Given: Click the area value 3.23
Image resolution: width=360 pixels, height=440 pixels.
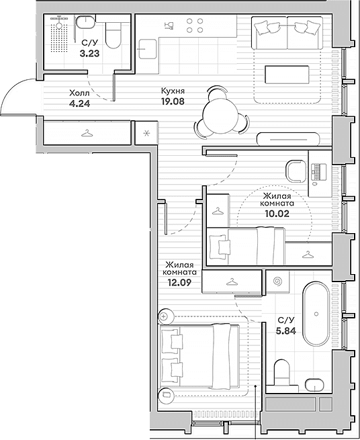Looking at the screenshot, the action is tap(89, 53).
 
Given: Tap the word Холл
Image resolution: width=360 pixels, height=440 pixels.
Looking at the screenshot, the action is tap(79, 93).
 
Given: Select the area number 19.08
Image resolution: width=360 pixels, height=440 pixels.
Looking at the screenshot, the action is tap(173, 101).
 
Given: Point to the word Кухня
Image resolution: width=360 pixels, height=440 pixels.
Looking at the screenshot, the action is tap(173, 91).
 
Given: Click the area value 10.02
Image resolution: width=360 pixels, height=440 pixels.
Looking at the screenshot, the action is tap(277, 214).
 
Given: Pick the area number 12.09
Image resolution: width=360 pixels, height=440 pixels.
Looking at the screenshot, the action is tap(179, 282).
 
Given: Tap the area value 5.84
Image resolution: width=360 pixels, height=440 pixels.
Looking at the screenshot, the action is tap(286, 331).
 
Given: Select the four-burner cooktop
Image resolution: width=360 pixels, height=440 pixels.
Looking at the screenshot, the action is tap(195, 26).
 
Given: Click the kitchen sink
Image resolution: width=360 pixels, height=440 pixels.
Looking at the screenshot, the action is tap(148, 49).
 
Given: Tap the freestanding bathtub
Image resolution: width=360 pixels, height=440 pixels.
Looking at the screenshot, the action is tap(316, 314).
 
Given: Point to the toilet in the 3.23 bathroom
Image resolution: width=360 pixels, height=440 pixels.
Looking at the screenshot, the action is tap(113, 36).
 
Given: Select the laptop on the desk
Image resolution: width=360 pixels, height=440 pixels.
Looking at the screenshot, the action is tap(319, 172).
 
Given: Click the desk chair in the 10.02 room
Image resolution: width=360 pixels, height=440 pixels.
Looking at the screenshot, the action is tap(296, 171).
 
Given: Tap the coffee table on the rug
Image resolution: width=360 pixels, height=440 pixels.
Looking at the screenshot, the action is tap(287, 75).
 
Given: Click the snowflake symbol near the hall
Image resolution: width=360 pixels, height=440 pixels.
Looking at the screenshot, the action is tap(146, 133).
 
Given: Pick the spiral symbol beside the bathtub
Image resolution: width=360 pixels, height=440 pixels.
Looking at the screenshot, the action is tap(277, 281).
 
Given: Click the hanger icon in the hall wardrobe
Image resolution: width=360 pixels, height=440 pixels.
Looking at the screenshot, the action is tap(87, 133).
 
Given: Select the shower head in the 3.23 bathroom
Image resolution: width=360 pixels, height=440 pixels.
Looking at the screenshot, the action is tap(59, 25).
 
